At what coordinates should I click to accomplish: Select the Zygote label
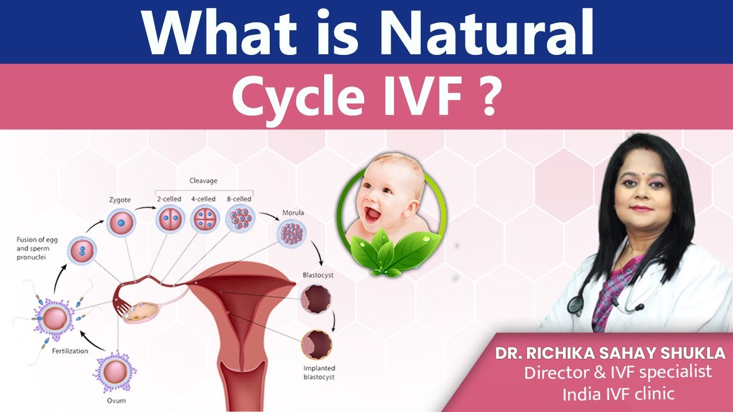click(x=120, y=200)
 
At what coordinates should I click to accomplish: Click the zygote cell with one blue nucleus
click(x=121, y=223)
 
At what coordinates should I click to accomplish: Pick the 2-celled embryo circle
click(x=170, y=219)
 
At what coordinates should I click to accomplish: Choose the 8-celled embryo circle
click(x=240, y=219)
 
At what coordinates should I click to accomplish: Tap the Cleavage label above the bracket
click(x=203, y=180)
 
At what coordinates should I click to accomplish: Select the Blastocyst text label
click(x=318, y=275)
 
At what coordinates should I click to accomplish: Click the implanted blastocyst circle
click(x=317, y=345)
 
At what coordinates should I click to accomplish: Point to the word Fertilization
click(x=70, y=351)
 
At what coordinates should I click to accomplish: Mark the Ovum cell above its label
click(x=115, y=371)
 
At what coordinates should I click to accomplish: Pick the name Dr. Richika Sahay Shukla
click(x=610, y=354)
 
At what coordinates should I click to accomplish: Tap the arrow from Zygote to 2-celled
click(x=145, y=208)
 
